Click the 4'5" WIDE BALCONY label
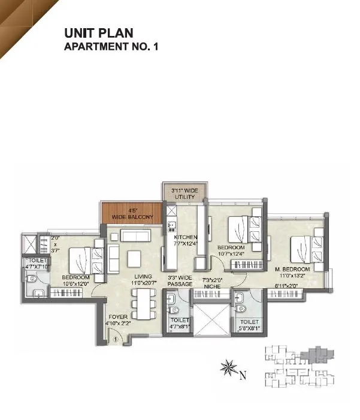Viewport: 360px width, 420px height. tap(132, 213)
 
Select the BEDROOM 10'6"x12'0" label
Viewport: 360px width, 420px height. tap(76, 281)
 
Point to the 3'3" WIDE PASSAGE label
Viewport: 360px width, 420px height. tap(180, 280)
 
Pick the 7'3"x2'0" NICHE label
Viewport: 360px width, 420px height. tap(213, 283)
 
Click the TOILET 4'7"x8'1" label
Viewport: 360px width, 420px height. tap(180, 324)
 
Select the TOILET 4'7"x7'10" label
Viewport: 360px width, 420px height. tap(37, 264)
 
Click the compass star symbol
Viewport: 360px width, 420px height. tap(228, 368)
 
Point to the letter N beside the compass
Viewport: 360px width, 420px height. tap(243, 376)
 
